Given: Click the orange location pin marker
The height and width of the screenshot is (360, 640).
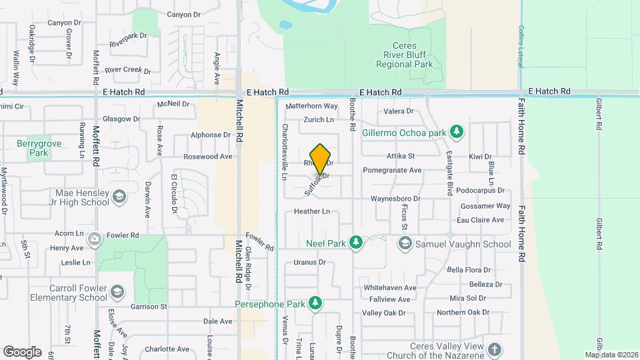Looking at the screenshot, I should pyautogui.click(x=321, y=159).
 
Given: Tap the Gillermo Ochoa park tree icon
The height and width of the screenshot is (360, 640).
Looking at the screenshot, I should pyautogui.click(x=457, y=131).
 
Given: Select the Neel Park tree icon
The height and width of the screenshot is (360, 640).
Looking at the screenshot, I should pyautogui.click(x=356, y=243).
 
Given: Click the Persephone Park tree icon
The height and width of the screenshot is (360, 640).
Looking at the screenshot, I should pyautogui.click(x=315, y=304).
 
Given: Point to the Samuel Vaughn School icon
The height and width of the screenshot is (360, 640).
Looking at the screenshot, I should pyautogui.click(x=405, y=244).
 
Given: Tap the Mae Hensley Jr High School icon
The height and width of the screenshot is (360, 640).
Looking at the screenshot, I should pyautogui.click(x=119, y=197).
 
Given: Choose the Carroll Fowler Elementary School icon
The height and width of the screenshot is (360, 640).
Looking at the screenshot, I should pyautogui.click(x=117, y=293).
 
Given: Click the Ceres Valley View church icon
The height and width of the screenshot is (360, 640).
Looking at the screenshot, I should pyautogui.click(x=494, y=349).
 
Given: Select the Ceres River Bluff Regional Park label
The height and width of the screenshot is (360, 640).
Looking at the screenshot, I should pyautogui.click(x=404, y=55).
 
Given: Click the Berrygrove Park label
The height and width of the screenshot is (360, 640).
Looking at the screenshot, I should pyautogui.click(x=33, y=147).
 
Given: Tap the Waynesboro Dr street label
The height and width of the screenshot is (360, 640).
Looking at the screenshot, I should pyautogui.click(x=396, y=199).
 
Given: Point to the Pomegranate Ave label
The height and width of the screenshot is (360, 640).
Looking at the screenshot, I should pyautogui.click(x=392, y=170).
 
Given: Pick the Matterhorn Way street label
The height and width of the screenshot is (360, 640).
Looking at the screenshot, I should pyautogui.click(x=311, y=106).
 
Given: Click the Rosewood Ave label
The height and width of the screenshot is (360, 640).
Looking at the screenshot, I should pyautogui.click(x=208, y=157).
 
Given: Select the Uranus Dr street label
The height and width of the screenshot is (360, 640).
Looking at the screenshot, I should pyautogui.click(x=309, y=262).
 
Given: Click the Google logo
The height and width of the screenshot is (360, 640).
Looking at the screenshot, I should pyautogui.click(x=22, y=351).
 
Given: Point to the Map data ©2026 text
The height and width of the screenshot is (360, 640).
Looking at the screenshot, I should pyautogui.click(x=611, y=355).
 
